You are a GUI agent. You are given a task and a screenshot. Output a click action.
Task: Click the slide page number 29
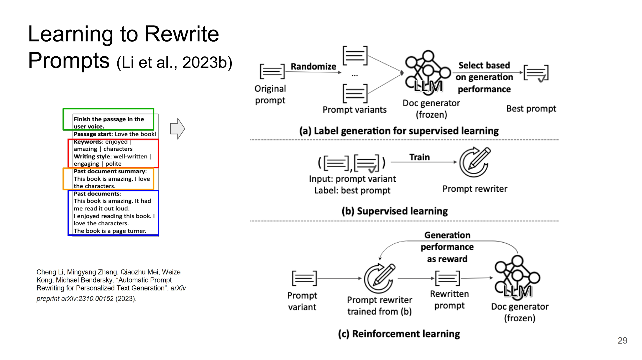(x=622, y=341)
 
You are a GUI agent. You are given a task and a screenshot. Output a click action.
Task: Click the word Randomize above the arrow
(x=313, y=66)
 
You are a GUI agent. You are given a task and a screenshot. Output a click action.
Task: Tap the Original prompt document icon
(x=272, y=71)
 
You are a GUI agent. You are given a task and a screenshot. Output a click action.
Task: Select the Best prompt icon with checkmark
(x=536, y=73)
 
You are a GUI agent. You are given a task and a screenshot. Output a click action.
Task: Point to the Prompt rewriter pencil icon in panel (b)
(x=474, y=162)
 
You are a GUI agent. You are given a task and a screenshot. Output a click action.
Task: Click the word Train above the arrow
(x=419, y=157)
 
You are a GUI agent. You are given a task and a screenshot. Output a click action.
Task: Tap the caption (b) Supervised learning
(x=395, y=211)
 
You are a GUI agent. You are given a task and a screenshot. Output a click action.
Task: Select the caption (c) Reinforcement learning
(x=399, y=334)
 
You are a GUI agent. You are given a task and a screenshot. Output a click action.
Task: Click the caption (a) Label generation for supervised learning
(x=399, y=131)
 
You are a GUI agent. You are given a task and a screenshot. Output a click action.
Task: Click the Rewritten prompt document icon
(x=447, y=278)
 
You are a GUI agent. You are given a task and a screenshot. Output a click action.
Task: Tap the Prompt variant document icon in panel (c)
(x=304, y=278)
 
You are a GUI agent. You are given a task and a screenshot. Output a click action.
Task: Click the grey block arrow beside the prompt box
(x=178, y=129)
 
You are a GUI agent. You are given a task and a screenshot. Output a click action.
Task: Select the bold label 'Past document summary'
(x=110, y=171)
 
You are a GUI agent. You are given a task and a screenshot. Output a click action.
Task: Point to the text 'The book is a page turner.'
(x=110, y=231)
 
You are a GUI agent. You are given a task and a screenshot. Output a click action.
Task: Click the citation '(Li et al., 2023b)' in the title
(x=174, y=63)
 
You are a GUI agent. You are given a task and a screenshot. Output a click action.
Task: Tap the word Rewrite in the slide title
(x=182, y=34)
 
